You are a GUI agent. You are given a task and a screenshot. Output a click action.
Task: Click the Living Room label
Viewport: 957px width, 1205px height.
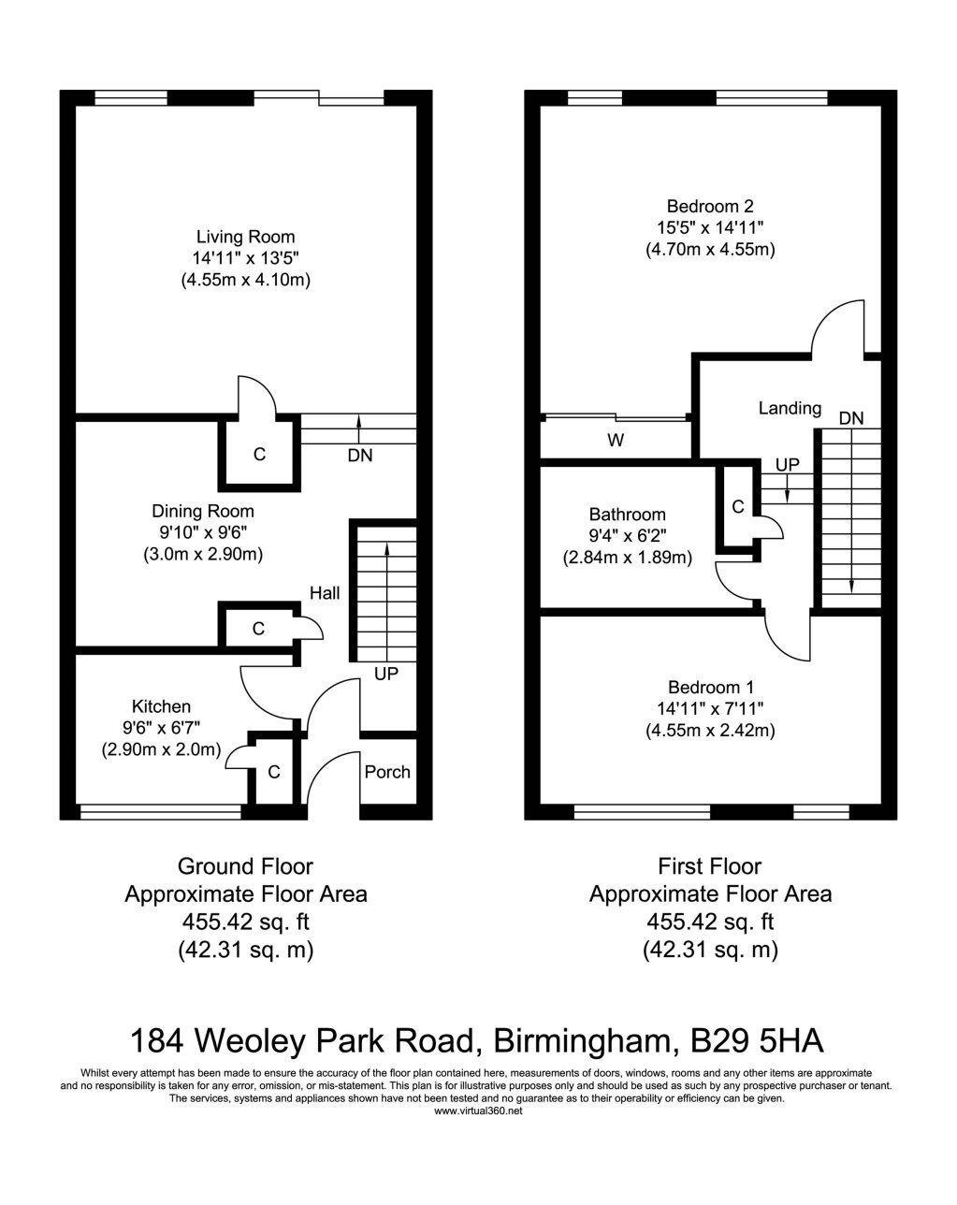pyautogui.click(x=245, y=237)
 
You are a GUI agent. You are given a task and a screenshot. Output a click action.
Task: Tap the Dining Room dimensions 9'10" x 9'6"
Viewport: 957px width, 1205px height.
pyautogui.click(x=203, y=532)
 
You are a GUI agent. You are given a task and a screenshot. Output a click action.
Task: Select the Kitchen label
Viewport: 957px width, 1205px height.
pyautogui.click(x=161, y=706)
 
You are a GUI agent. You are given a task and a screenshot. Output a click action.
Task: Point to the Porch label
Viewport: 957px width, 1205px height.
pyautogui.click(x=387, y=772)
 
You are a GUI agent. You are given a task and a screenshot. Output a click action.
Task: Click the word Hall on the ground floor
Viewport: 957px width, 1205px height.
pyautogui.click(x=325, y=593)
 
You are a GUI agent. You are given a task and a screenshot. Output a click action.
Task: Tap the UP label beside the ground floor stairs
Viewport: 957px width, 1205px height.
pyautogui.click(x=386, y=674)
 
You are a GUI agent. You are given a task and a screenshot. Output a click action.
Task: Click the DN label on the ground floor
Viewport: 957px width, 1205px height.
pyautogui.click(x=360, y=456)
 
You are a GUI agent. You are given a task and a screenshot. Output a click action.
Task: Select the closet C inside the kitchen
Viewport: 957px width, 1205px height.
pyautogui.click(x=274, y=772)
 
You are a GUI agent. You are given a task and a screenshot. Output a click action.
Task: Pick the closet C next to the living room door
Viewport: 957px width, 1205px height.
pyautogui.click(x=259, y=454)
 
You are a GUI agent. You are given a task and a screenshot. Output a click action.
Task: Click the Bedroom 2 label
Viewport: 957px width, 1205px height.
pyautogui.click(x=710, y=206)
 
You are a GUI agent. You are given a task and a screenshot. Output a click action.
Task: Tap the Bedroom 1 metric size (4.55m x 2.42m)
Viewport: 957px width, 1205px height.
pyautogui.click(x=711, y=731)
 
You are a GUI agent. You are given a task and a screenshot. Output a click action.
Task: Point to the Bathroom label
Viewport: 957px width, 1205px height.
pyautogui.click(x=627, y=514)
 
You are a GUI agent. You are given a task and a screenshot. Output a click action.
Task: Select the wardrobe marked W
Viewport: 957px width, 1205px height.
pyautogui.click(x=616, y=441)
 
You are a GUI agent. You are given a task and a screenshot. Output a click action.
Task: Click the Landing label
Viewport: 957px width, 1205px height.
pyautogui.click(x=790, y=408)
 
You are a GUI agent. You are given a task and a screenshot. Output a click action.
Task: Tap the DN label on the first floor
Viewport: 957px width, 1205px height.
pyautogui.click(x=851, y=418)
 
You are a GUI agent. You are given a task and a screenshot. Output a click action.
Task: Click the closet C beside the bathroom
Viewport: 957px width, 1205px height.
pyautogui.click(x=738, y=507)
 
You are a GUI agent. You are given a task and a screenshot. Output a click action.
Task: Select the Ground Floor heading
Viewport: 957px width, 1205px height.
pyautogui.click(x=245, y=866)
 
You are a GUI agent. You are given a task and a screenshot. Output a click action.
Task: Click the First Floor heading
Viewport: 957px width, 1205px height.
pyautogui.click(x=709, y=866)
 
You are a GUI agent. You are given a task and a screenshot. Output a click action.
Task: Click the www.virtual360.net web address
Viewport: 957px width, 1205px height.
pyautogui.click(x=478, y=1111)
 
